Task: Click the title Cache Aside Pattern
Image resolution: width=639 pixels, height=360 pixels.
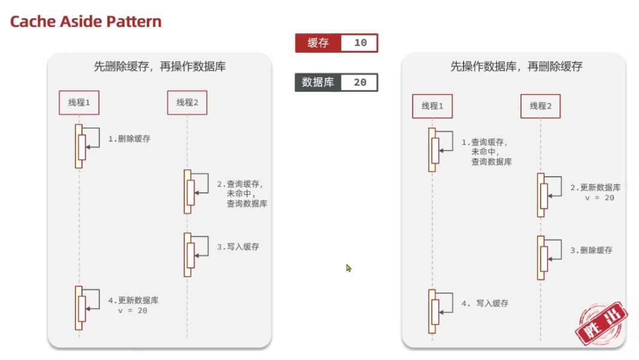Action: [x=86, y=22]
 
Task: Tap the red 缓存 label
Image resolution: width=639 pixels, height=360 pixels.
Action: [x=318, y=43]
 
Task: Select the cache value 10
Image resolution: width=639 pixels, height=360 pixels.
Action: [x=360, y=43]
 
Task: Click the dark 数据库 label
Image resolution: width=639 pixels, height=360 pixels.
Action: [x=318, y=83]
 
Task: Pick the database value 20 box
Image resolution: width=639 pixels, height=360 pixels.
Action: [x=359, y=83]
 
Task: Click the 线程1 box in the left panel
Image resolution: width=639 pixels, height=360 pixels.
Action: [x=79, y=102]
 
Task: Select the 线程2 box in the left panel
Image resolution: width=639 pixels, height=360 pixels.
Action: [x=187, y=102]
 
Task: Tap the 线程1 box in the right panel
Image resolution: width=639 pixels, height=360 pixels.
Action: [x=432, y=106]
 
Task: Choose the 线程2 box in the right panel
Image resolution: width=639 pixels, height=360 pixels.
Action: [x=540, y=106]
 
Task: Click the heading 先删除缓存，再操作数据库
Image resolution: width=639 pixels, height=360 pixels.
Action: [x=159, y=66]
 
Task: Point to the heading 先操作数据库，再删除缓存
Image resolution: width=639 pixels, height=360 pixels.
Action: [x=516, y=66]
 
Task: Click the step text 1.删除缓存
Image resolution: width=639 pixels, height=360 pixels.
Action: [x=129, y=139]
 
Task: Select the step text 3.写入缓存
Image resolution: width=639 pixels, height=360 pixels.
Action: [x=238, y=247]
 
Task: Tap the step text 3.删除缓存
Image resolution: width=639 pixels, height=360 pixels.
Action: [x=591, y=250]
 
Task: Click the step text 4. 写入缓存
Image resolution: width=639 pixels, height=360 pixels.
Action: [x=484, y=304]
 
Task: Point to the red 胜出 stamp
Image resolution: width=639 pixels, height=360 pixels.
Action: [x=601, y=323]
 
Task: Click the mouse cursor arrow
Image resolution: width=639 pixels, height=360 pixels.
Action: [x=349, y=268]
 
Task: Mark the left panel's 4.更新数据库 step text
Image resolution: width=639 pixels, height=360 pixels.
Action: [x=133, y=305]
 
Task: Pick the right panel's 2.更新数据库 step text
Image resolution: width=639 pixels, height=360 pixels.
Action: [x=595, y=192]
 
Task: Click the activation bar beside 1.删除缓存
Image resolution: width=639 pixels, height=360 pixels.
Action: [x=80, y=146]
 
